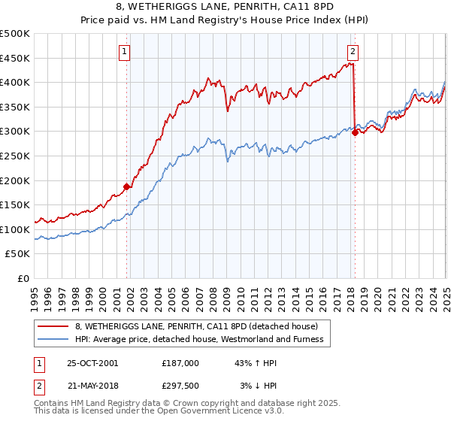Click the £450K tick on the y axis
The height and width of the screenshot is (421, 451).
pos(15,58)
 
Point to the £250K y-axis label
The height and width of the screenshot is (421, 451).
pos(15,156)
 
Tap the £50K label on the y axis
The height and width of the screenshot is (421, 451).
pos(18,254)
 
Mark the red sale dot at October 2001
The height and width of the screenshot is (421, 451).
pos(127,187)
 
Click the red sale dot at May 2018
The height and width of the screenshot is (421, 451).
pos(355,133)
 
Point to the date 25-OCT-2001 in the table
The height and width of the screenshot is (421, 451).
pos(92,363)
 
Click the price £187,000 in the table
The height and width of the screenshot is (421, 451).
pos(180,363)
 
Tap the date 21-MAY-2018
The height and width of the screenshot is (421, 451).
pos(92,386)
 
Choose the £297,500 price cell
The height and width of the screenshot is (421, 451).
pos(180,386)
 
